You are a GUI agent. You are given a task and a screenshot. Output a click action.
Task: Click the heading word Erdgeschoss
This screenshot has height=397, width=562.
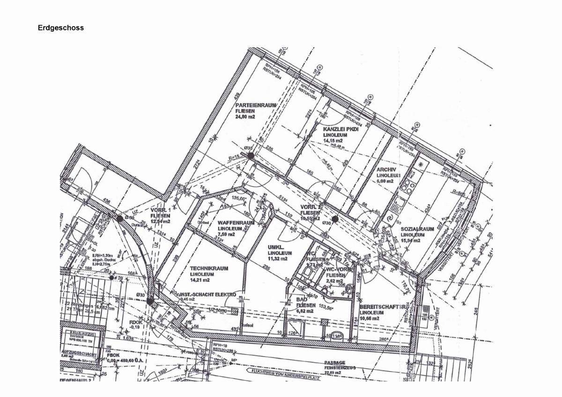[61, 28]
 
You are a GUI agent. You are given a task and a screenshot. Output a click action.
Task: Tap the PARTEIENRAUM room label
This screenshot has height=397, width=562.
[256, 106]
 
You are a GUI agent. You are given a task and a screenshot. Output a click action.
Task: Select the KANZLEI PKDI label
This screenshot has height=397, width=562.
[340, 129]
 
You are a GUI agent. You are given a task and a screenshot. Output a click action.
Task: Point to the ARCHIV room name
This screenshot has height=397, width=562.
[386, 169]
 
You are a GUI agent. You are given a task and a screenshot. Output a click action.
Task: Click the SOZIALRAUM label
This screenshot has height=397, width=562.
[417, 229]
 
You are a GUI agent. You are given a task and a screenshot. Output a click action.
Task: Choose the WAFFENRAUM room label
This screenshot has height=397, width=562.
[236, 223]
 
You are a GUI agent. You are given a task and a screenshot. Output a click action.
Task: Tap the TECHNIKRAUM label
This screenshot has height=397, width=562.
[209, 268]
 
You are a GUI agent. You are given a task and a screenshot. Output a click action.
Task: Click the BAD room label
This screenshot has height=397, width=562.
[301, 299]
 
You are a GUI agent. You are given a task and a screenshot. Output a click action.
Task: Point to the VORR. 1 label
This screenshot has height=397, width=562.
[160, 210]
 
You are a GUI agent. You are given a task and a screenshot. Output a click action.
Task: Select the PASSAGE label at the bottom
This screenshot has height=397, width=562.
[335, 363]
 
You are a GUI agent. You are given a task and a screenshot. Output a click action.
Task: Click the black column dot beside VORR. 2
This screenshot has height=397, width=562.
[335, 218]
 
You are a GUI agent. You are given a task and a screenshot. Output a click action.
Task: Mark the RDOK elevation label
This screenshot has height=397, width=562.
[135, 322]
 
